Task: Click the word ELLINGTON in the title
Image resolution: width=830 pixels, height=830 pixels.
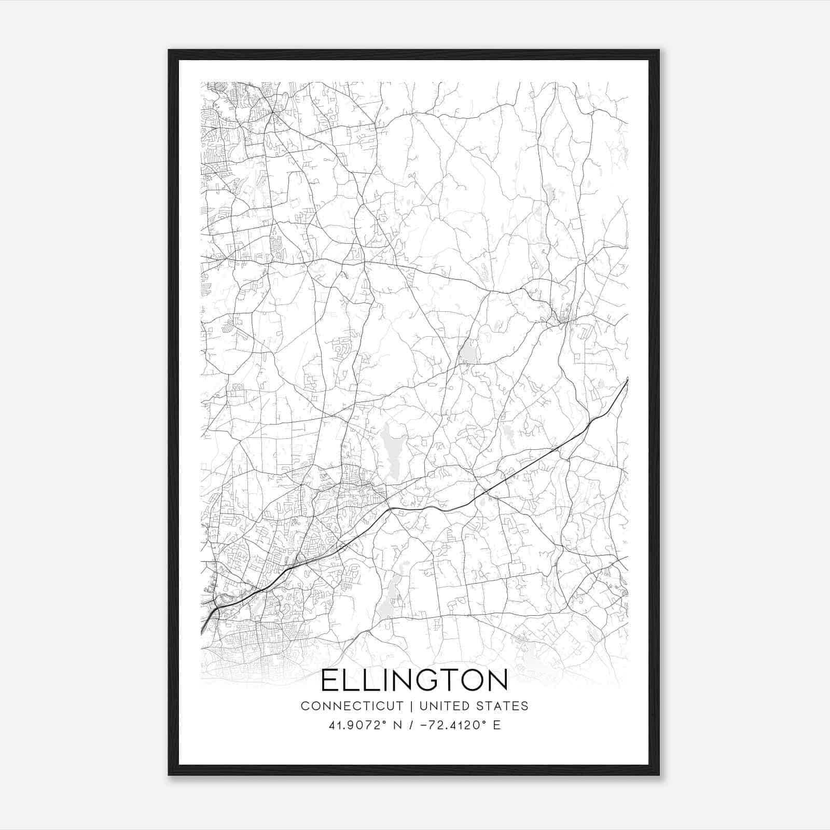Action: (x=414, y=681)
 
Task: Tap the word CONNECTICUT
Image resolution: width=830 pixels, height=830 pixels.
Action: (x=352, y=706)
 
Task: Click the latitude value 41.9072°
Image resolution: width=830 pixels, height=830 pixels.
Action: (x=358, y=725)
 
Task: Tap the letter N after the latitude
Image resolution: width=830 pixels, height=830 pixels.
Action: (x=398, y=725)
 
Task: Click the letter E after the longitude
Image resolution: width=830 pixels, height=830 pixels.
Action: (x=497, y=725)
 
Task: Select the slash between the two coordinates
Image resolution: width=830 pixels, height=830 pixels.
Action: (x=411, y=725)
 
